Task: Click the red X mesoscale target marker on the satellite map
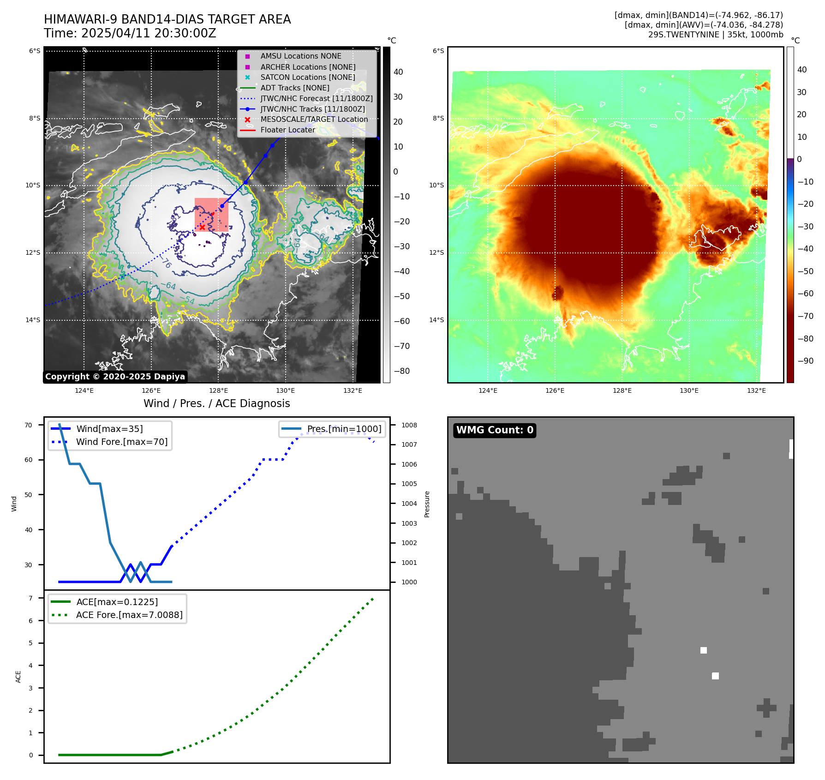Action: coord(202,227)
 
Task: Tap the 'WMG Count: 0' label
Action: coord(495,430)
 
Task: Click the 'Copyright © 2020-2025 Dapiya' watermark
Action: coord(115,377)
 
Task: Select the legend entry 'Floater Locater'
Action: coord(287,130)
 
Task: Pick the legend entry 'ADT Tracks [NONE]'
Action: coord(294,88)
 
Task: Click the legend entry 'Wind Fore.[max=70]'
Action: coord(122,442)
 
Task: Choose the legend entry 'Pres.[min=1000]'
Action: coord(344,429)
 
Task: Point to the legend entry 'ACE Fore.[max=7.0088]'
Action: coord(129,615)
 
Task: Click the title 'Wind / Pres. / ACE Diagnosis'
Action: coord(216,403)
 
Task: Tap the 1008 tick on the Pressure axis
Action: coord(409,425)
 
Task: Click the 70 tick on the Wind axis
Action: coord(29,425)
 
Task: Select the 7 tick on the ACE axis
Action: coord(31,598)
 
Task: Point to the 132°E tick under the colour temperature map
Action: coord(756,391)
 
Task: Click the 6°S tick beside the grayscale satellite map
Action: coord(35,51)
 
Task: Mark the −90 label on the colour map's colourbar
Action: coord(805,361)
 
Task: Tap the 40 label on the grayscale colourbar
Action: coord(398,72)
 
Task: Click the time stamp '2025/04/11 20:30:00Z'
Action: coord(149,33)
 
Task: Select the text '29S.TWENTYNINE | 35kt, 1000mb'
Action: coord(715,35)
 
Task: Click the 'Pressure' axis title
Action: coord(427,504)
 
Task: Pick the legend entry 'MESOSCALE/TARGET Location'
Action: coord(314,120)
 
